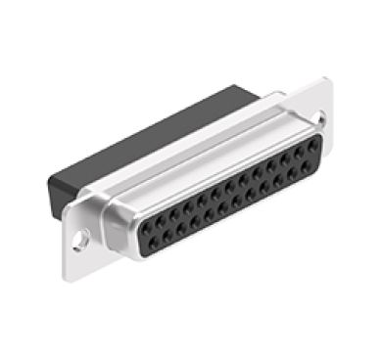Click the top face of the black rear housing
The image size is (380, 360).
[x=147, y=142]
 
